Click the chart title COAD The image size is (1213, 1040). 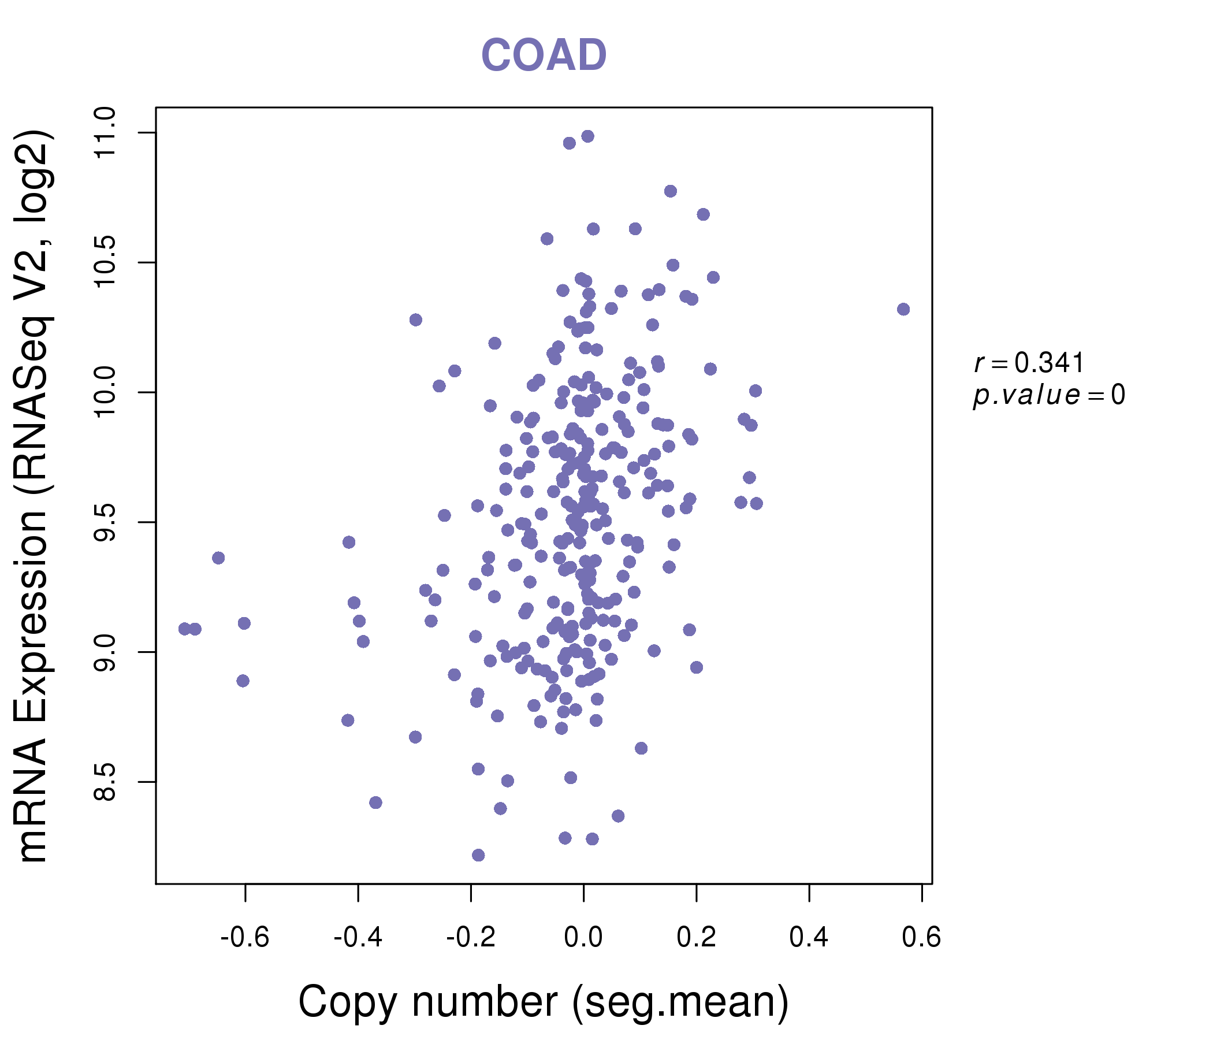coord(544,55)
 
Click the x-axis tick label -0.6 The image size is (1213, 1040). coord(245,938)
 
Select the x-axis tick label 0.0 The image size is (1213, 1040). coord(583,938)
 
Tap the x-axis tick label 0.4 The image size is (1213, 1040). coord(809,938)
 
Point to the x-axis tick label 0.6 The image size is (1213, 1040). coord(921,938)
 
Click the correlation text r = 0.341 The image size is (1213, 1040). coord(1029,363)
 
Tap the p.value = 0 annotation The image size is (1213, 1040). coord(1048,395)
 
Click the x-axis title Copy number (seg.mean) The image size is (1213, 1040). coord(544,1002)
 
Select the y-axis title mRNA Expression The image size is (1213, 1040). coord(34,496)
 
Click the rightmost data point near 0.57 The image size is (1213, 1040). coord(903,309)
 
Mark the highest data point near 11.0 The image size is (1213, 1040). coord(588,136)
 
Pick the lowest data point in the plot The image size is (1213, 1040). coord(478,855)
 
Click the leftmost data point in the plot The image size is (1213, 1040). coord(184,629)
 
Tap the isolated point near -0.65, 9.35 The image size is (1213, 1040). coord(218,558)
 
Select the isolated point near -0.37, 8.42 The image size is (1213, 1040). coord(376,803)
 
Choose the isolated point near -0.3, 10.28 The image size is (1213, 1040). coord(416,320)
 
